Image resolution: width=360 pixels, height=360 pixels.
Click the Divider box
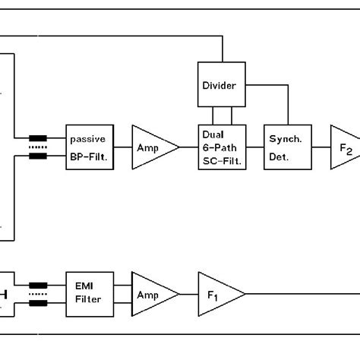coord(224,86)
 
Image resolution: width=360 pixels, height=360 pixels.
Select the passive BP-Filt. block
coord(90,147)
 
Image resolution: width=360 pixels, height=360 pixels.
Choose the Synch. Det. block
coord(285,147)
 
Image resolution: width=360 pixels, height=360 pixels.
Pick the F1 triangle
coord(217,294)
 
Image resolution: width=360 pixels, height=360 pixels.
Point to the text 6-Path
coord(221,147)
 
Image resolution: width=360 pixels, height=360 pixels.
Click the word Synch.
coord(285,140)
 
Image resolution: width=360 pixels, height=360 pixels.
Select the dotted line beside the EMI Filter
coord(37,295)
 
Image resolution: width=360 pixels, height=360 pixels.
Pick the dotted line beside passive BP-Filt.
coord(37,148)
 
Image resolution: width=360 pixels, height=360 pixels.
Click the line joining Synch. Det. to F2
coord(317,147)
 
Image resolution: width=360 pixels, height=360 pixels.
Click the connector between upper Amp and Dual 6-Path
coord(188,147)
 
